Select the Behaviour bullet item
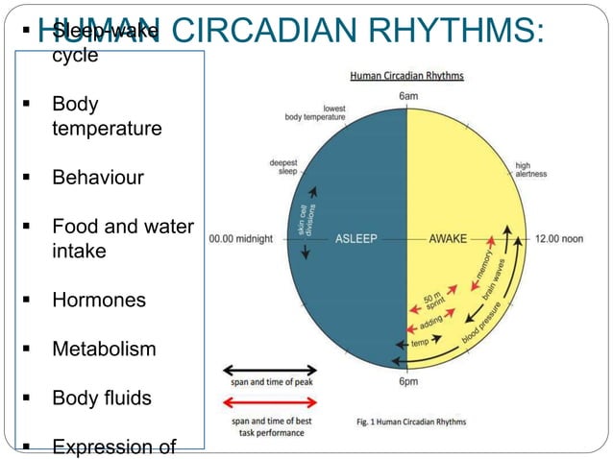97,178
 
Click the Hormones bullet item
98,300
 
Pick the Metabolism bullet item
103,349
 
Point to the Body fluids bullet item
101,398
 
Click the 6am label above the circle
408,96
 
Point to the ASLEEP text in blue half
356,238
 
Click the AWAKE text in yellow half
448,238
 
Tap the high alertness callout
530,169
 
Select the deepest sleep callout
282,167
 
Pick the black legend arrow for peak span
270,370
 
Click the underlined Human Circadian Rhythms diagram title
406,76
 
